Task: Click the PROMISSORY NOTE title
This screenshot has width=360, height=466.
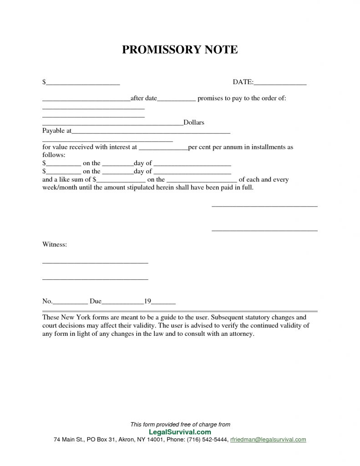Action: [x=180, y=50]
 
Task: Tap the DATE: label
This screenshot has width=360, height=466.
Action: [x=243, y=82]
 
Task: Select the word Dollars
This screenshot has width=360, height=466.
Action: [x=193, y=122]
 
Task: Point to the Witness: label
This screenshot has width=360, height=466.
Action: [x=55, y=245]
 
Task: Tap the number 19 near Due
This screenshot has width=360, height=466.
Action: [x=147, y=301]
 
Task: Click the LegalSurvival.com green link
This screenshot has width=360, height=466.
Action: [x=180, y=432]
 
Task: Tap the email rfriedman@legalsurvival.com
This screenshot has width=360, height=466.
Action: [x=268, y=440]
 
